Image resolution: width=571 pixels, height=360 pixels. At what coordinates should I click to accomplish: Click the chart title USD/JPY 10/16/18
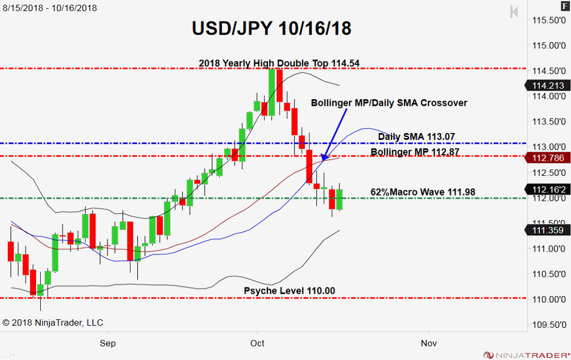click(271, 28)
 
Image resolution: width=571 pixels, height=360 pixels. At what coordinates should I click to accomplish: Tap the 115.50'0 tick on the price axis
click(549, 20)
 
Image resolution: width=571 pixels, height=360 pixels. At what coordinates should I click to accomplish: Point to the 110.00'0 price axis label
click(549, 299)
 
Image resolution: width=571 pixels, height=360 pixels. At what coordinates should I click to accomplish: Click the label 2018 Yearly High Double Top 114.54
click(279, 63)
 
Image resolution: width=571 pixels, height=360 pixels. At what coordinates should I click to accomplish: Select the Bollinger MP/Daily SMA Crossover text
click(389, 103)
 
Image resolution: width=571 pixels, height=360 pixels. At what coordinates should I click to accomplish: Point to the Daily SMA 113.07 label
click(417, 137)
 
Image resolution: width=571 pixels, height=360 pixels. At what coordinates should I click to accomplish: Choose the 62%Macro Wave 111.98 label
click(423, 192)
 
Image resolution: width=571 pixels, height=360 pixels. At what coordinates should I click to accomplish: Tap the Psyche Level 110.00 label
click(290, 291)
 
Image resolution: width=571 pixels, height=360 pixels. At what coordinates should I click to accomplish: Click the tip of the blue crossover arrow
click(323, 159)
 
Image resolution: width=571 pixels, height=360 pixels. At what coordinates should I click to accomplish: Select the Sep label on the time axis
click(108, 343)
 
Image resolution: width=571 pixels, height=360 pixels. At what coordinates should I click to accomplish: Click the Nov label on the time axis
click(429, 343)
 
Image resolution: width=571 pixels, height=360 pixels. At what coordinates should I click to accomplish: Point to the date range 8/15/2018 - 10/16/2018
click(50, 8)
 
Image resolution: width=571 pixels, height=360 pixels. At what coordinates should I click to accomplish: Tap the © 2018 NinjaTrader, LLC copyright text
click(53, 322)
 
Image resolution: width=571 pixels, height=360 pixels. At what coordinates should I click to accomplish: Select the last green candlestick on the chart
click(339, 200)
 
